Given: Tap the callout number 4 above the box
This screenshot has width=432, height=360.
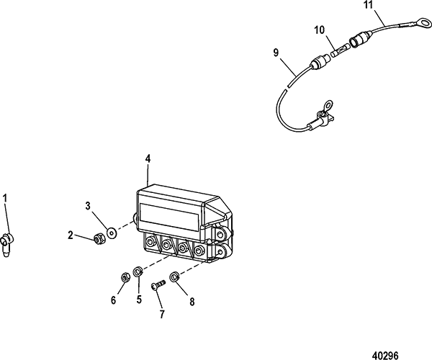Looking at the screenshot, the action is (x=148, y=159).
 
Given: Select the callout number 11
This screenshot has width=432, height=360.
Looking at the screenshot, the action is (x=369, y=5).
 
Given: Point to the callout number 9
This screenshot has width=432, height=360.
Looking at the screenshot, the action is (x=276, y=53).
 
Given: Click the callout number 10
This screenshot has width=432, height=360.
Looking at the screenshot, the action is (x=320, y=30).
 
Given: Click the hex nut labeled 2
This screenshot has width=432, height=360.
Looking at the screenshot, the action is (x=99, y=239).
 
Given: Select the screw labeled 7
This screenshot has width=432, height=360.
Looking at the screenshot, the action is (x=158, y=284).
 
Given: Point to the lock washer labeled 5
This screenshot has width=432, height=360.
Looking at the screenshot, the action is (x=138, y=272).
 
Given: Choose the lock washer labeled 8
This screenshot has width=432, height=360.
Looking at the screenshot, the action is (x=174, y=276).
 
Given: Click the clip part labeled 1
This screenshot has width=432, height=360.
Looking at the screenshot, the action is (x=6, y=244).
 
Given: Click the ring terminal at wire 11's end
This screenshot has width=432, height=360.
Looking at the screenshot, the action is (x=424, y=22).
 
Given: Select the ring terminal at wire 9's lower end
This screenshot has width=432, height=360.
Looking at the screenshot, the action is (x=328, y=105).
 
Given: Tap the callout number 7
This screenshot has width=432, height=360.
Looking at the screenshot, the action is (x=162, y=314).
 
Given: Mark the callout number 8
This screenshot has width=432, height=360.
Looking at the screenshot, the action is (x=192, y=302).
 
